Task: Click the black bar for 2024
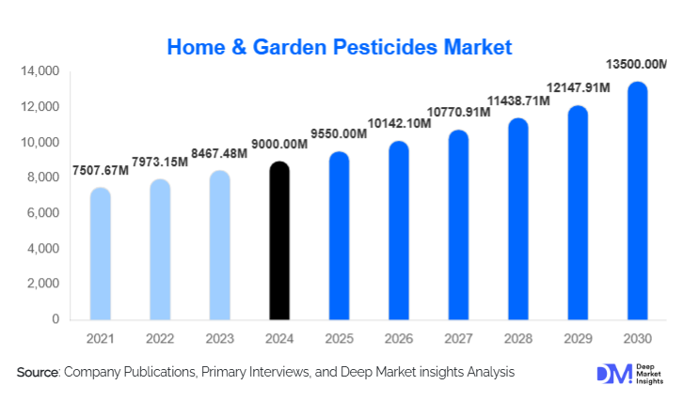(x=279, y=240)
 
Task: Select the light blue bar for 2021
(x=100, y=254)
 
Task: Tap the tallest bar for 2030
(x=637, y=201)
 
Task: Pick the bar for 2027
(x=458, y=225)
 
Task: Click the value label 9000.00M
(x=279, y=145)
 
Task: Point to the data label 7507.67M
(x=100, y=170)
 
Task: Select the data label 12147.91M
(x=578, y=88)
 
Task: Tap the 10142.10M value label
(x=399, y=123)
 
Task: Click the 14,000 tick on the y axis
(x=40, y=71)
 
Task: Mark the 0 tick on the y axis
(x=56, y=319)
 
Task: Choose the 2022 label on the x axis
(x=160, y=339)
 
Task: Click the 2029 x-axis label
(x=578, y=339)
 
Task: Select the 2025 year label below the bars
(x=340, y=339)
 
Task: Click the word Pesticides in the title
(x=385, y=47)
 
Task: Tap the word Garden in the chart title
(x=290, y=47)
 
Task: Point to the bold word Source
(x=38, y=372)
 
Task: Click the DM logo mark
(x=614, y=374)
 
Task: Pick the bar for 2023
(x=219, y=245)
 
